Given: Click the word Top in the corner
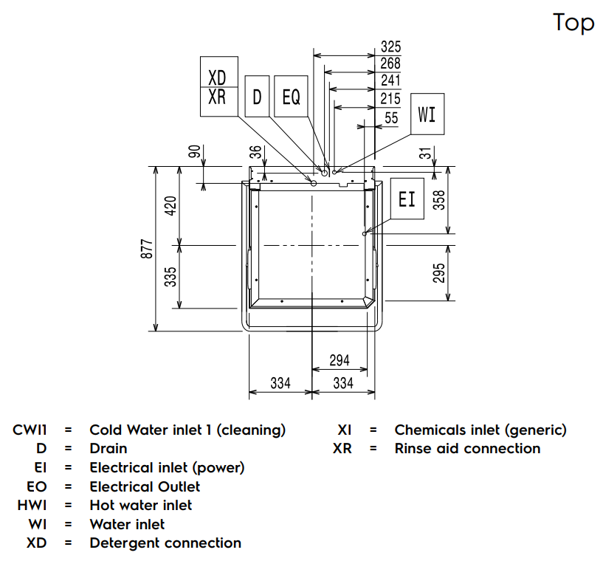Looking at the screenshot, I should pos(573,22).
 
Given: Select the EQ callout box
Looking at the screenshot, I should pos(292,96).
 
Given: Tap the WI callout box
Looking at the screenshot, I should pos(427,114).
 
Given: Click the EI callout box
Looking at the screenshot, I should pos(407,198).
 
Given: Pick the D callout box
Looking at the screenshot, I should pos(257,96).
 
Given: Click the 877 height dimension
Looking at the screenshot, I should pos(147,249).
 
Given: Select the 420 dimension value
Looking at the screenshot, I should pos(170,206).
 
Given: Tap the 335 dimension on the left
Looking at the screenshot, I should pos(170,275).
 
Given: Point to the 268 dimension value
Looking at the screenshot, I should pos(390,63).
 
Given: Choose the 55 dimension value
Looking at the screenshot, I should pos(391,117).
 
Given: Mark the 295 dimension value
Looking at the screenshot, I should pos(439,272).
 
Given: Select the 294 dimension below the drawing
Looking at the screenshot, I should pos(339,360).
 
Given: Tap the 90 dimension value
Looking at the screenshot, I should pos(193,152).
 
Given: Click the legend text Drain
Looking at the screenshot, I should pos(108,448).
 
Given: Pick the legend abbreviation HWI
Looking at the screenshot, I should pos(32,505).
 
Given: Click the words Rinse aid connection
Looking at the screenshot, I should pos(467,448).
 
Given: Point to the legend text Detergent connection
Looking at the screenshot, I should pos(165,543).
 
